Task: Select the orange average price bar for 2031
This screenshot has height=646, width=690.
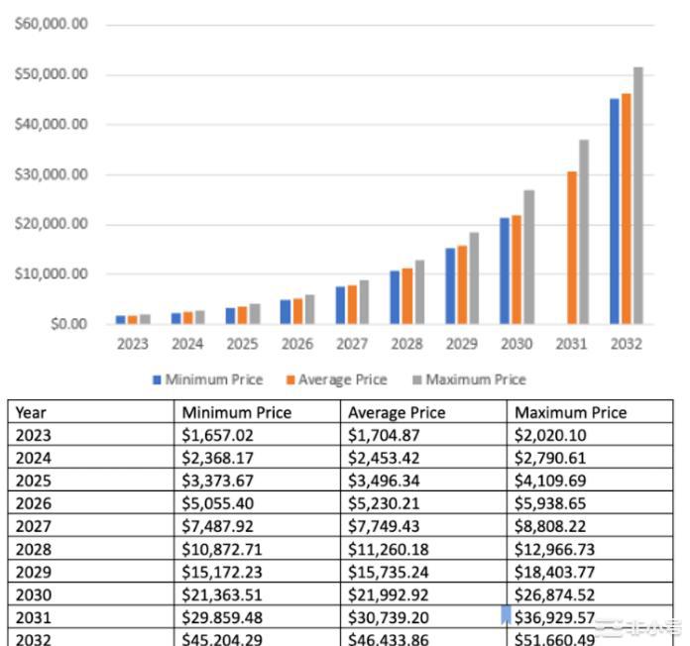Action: coord(572,248)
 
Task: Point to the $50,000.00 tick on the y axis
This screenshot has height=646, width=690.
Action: coord(52,75)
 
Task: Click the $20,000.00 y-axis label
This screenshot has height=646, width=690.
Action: coord(52,224)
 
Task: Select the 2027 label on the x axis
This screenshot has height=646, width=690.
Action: coord(352,344)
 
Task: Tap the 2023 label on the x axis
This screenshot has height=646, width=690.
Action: coord(132,344)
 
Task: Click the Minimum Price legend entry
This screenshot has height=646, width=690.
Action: coord(208,379)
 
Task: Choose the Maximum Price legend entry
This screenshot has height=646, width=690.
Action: coord(469,379)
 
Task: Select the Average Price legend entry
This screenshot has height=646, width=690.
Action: coord(337,379)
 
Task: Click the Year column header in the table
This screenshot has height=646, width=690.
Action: coord(32,412)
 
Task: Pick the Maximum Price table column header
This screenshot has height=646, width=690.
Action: coord(571,412)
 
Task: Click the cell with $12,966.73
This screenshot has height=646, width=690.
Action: coord(555,549)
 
